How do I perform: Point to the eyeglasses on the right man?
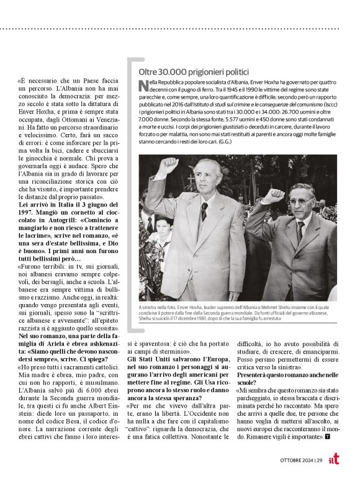click(302, 201)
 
